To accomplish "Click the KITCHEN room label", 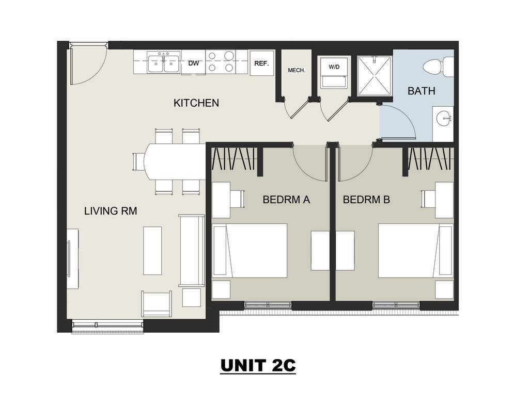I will (x=196, y=103).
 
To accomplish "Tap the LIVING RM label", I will (x=110, y=210).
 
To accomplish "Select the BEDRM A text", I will (x=286, y=200).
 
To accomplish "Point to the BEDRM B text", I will (x=366, y=200).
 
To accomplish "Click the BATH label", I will (x=421, y=91).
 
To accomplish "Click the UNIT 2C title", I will (x=258, y=365).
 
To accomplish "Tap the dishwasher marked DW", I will (x=193, y=63).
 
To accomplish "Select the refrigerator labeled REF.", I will (x=261, y=63).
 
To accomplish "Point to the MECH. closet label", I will (x=296, y=70).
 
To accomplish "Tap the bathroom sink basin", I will (x=443, y=119).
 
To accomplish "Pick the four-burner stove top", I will (x=221, y=61).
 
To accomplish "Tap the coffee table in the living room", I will (x=152, y=250).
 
